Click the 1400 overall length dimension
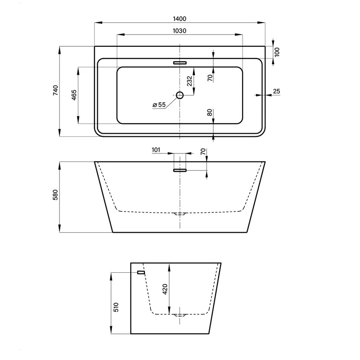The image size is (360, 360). pyautogui.click(x=179, y=18)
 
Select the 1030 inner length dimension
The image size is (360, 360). pyautogui.click(x=179, y=31)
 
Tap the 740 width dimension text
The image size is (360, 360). pyautogui.click(x=56, y=90)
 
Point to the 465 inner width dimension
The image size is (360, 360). pyautogui.click(x=74, y=95)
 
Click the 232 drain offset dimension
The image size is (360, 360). pyautogui.click(x=189, y=81)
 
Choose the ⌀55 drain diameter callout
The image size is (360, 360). pyautogui.click(x=159, y=105)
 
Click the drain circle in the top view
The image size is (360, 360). pyautogui.click(x=180, y=95)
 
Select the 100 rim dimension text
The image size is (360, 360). pyautogui.click(x=277, y=52)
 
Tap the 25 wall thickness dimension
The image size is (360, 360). pyautogui.click(x=277, y=91)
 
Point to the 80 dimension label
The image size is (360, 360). pyautogui.click(x=210, y=112)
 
